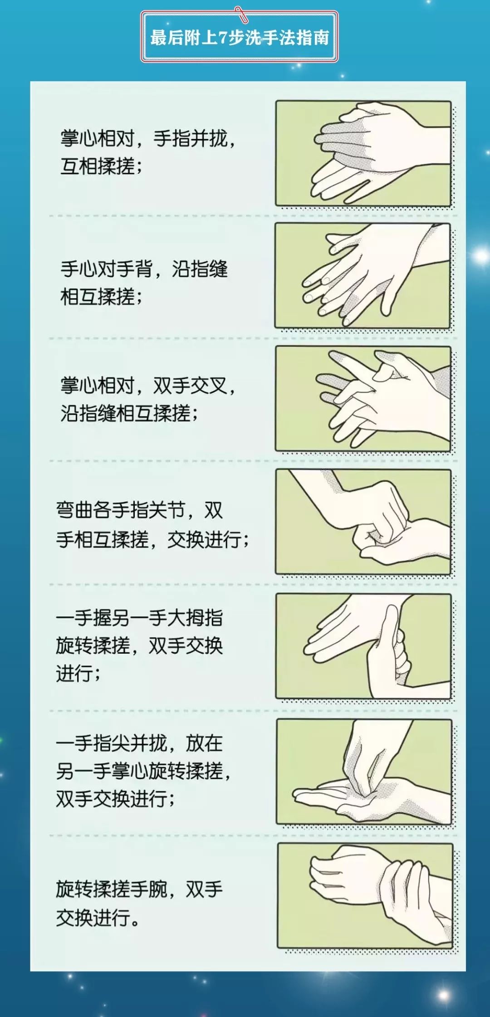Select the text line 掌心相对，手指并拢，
click(x=148, y=139)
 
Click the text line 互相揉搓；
click(x=102, y=166)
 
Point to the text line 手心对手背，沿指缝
click(x=144, y=269)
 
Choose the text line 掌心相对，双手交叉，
click(x=148, y=386)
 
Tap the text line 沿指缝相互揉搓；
click(x=129, y=414)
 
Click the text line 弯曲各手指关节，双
click(x=139, y=511)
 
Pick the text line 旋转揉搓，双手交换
click(x=139, y=646)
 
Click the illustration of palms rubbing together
click(x=363, y=153)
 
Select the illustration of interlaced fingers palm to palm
click(x=363, y=399)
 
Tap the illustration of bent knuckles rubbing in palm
click(x=363, y=522)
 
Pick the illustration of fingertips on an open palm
click(x=364, y=772)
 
